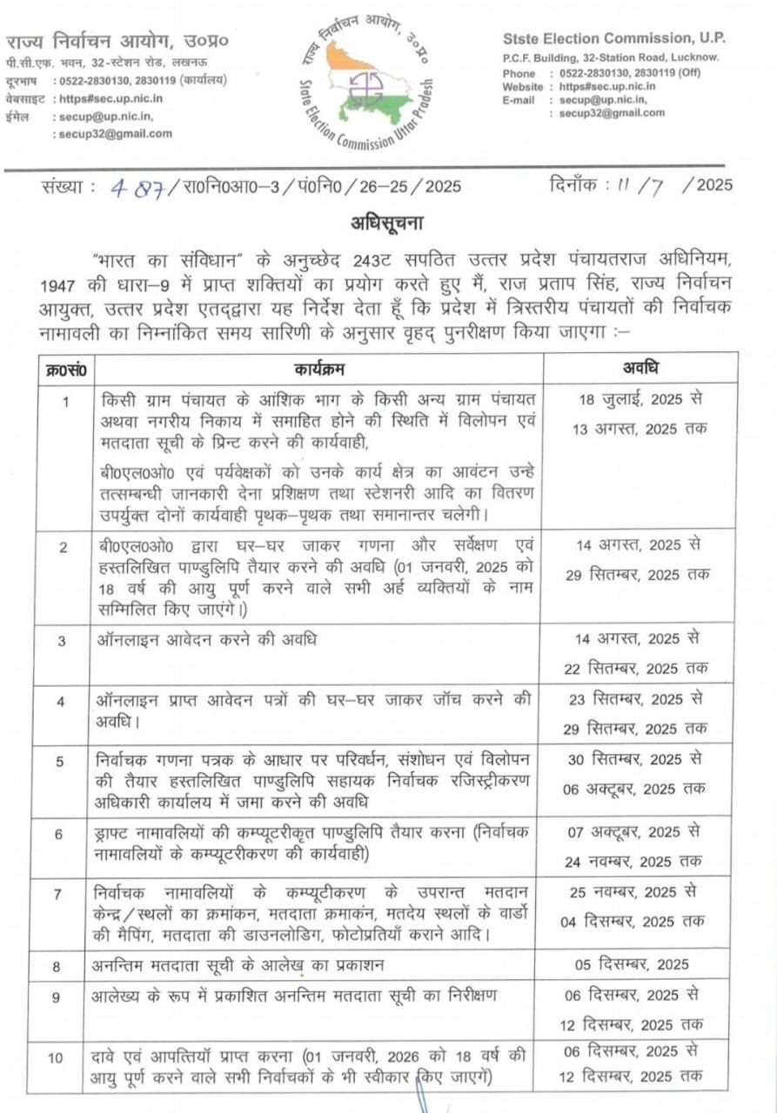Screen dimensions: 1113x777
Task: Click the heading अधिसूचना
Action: coord(387,223)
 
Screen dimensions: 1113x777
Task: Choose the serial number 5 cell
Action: coord(60,762)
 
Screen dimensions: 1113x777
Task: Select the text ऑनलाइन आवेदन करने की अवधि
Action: coord(207,641)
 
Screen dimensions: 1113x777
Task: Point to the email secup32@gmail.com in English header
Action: coord(612,113)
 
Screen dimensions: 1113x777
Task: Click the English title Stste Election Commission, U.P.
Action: coord(614,38)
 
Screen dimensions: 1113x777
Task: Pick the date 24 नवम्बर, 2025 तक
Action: coord(634,861)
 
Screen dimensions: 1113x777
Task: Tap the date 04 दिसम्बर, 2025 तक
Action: coord(633,922)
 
